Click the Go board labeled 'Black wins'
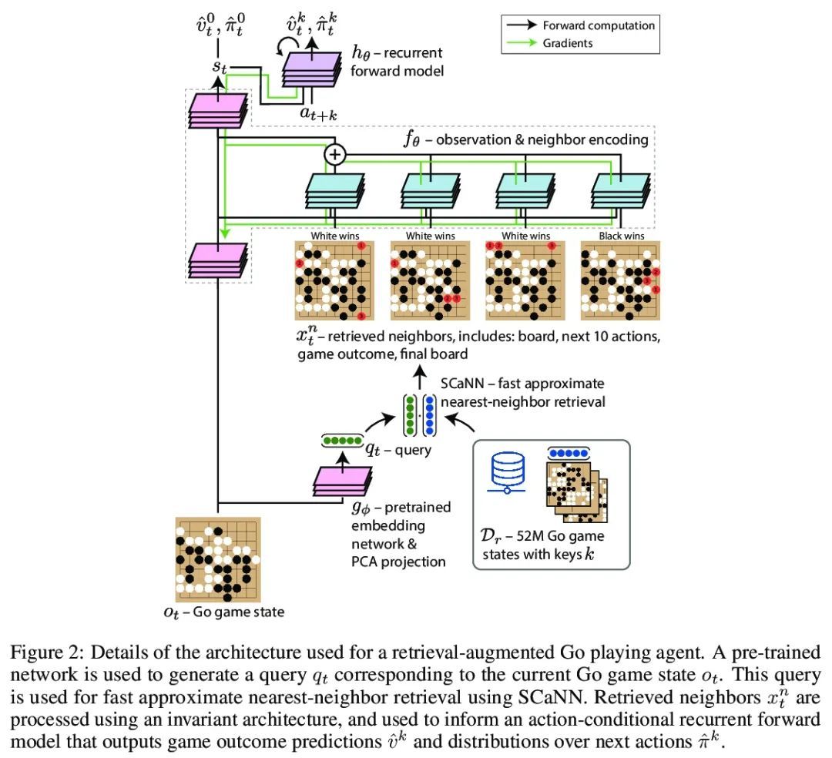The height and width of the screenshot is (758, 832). [621, 280]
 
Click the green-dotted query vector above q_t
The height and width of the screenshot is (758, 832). [342, 441]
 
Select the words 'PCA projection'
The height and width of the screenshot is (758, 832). [398, 562]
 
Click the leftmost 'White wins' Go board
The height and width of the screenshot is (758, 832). [335, 280]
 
